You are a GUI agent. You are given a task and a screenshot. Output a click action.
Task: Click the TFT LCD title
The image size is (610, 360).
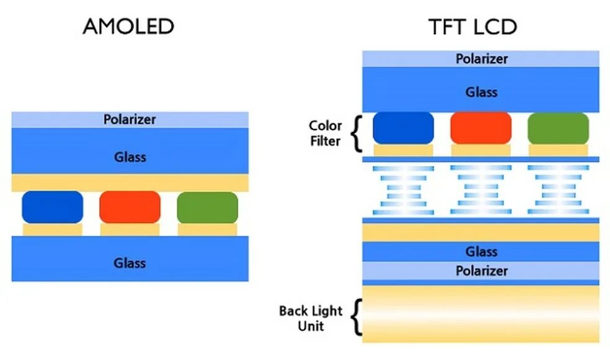click(472, 27)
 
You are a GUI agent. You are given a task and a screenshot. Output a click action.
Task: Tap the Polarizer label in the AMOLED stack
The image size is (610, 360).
click(130, 119)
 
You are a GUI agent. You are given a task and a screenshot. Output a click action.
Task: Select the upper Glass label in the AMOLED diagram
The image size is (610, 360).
click(130, 157)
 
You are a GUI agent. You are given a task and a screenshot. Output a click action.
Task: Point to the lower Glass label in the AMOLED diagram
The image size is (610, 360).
click(130, 263)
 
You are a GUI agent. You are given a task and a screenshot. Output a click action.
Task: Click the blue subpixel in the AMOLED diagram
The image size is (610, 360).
click(52, 207)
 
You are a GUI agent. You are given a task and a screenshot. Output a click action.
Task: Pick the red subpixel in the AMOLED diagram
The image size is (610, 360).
click(130, 207)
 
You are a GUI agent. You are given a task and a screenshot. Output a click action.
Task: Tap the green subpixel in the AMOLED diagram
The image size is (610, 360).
click(207, 207)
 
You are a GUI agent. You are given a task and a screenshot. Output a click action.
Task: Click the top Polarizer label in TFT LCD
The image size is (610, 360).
click(481, 59)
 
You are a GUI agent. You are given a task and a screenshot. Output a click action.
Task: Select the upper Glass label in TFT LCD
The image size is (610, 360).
click(481, 92)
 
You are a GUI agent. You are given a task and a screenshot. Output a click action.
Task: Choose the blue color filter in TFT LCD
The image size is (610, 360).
click(403, 128)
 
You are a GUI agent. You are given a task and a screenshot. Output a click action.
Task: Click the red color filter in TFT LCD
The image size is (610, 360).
click(480, 128)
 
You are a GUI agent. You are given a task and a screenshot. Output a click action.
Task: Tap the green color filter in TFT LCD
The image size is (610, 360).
click(557, 128)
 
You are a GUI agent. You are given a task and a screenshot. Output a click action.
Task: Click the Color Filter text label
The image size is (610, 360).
click(325, 133)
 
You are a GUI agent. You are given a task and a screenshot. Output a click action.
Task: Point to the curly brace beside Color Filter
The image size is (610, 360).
click(355, 133)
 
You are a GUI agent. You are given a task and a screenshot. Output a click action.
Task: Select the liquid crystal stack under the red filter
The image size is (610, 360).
click(480, 190)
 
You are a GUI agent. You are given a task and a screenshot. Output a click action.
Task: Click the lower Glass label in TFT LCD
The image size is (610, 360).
click(481, 252)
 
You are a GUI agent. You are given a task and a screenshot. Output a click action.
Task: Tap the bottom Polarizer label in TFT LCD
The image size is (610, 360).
click(481, 271)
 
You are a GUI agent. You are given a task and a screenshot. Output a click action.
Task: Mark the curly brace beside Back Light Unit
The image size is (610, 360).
click(355, 317)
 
